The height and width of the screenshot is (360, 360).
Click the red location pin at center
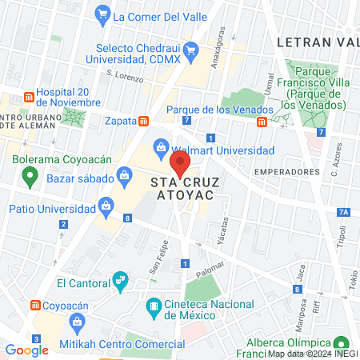click(180, 164)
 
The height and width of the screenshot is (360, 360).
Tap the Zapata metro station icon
click(143, 122)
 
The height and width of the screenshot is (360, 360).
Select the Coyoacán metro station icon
click(35, 305)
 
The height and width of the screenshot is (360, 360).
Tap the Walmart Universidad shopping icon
click(162, 148)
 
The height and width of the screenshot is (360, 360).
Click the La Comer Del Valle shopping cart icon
click(102, 14)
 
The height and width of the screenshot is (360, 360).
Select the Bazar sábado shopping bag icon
click(124, 175)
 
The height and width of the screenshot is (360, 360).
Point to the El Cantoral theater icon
click(121, 280)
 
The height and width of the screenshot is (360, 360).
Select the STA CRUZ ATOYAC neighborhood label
click(180, 188)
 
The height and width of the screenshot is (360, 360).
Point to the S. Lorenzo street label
click(125, 77)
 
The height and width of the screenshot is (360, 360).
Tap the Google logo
click(26, 350)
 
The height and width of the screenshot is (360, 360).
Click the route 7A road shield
click(343, 212)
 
